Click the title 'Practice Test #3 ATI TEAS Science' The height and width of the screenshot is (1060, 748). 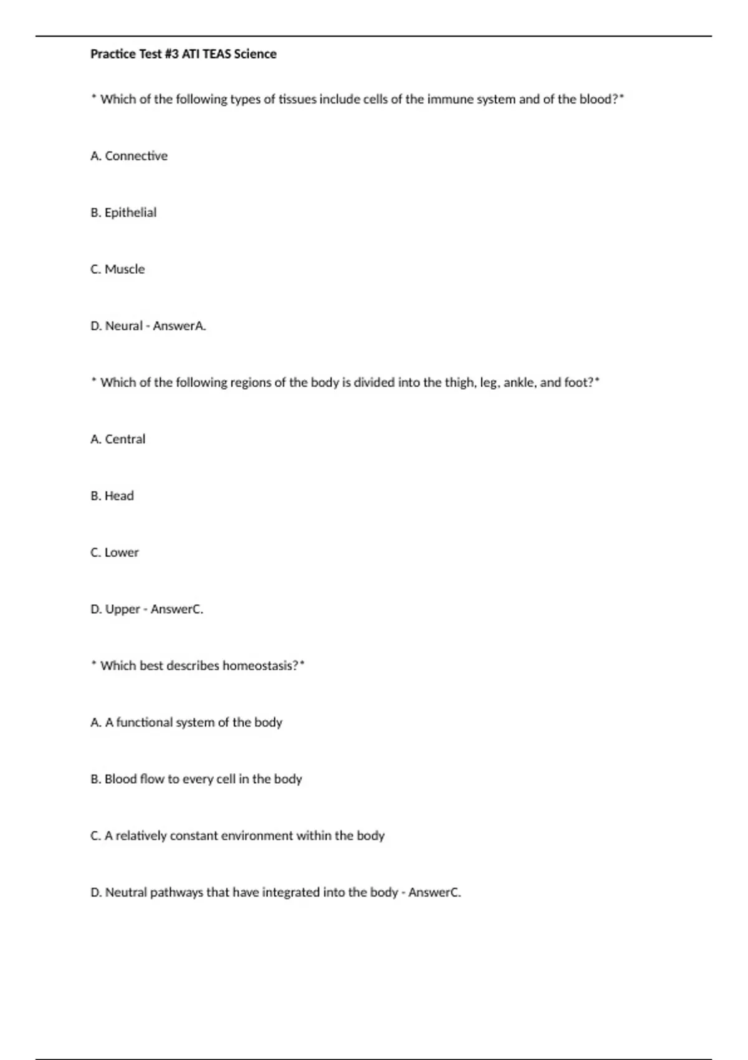pos(183,54)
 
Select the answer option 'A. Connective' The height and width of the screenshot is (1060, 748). pos(129,156)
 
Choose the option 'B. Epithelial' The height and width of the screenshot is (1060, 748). pos(123,213)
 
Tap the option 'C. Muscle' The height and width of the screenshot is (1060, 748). pos(118,269)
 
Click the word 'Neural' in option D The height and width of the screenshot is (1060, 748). pos(124,326)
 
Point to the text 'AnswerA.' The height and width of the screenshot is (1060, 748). pos(180,326)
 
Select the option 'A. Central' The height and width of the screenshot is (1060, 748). pos(118,440)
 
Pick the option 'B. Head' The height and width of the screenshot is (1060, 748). pos(112,496)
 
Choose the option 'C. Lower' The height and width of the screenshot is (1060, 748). pos(115,553)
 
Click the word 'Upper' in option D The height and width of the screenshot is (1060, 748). pos(123,609)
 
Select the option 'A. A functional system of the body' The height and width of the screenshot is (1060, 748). pos(186,723)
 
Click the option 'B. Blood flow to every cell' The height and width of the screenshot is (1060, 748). pos(196,779)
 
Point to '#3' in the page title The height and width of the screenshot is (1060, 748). pos(171,54)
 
